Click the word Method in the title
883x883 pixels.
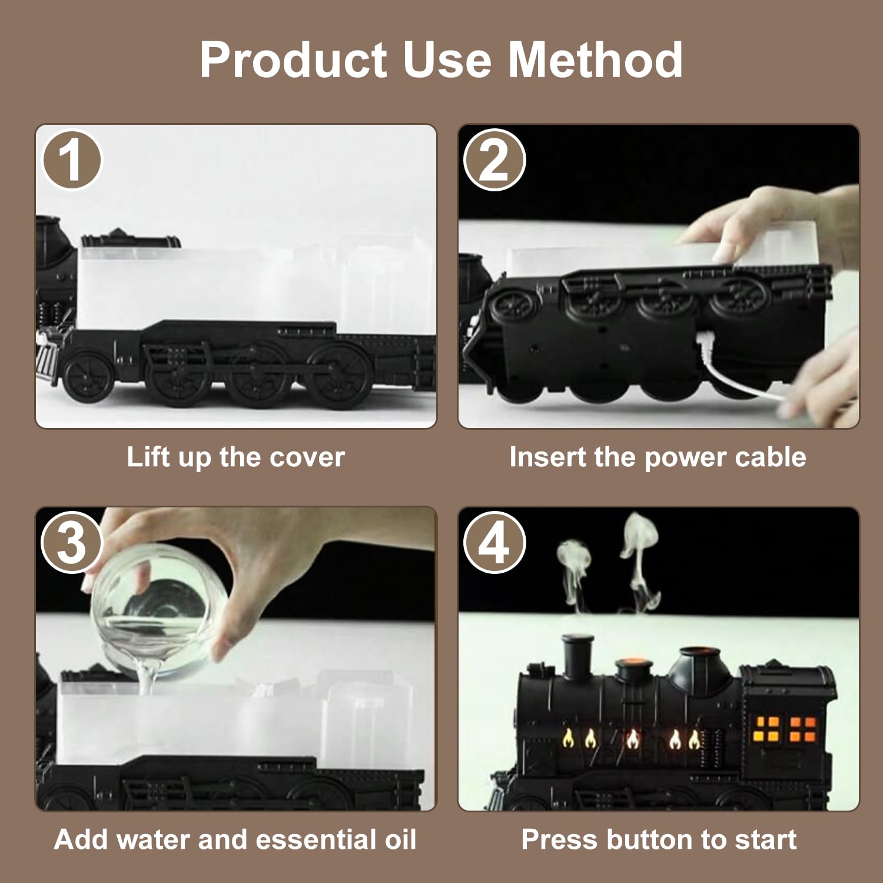tap(595, 59)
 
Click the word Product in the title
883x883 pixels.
tap(293, 59)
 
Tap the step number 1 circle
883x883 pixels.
tap(72, 160)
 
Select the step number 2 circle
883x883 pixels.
tap(494, 160)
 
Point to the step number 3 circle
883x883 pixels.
tap(72, 542)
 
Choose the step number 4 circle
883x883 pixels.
tap(494, 542)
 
